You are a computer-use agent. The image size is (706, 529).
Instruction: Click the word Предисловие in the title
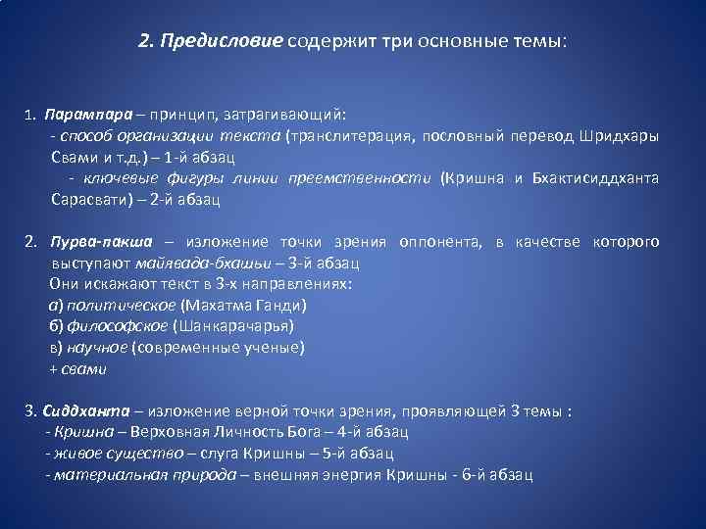225,42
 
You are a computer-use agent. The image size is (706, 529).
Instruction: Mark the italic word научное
98,348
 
